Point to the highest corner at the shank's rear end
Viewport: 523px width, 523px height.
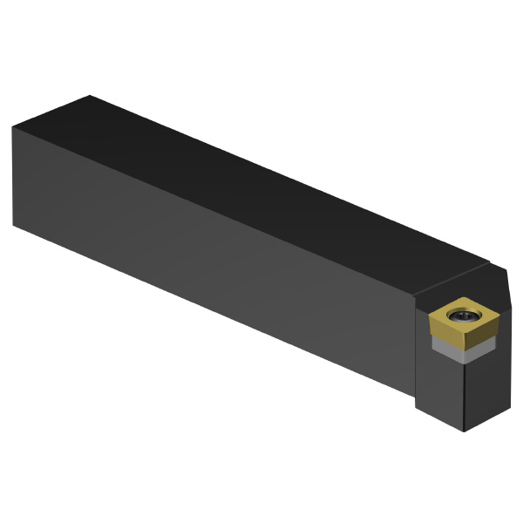point(90,96)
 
